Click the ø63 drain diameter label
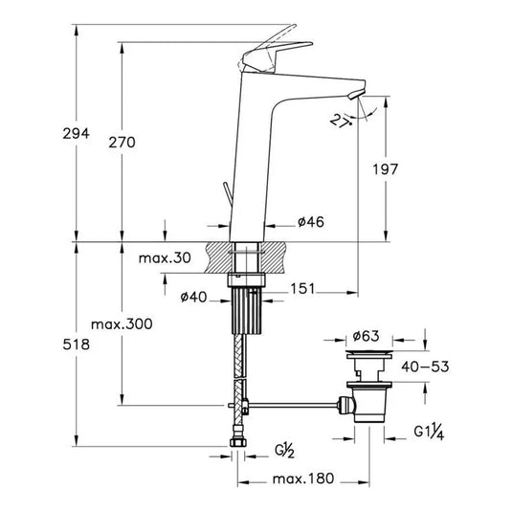coord(367,336)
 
